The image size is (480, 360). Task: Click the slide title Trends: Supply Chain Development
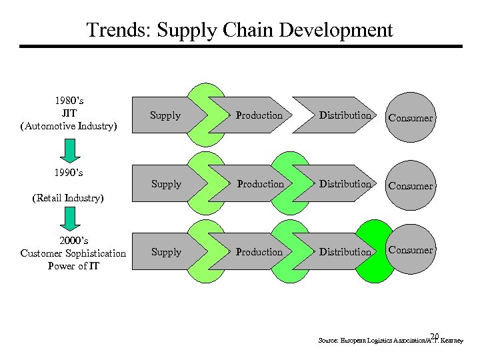[x=240, y=30]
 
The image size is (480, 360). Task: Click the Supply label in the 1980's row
[x=165, y=115]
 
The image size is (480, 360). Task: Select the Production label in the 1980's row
[x=259, y=115]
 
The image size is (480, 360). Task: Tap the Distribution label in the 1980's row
[x=345, y=115]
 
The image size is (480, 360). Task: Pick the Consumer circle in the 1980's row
[x=411, y=118]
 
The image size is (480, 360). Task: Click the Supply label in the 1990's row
[x=166, y=184]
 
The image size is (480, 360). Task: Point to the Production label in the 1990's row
[x=260, y=184]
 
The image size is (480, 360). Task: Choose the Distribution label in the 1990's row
[x=345, y=184]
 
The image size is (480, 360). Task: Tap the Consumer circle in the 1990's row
[x=411, y=186]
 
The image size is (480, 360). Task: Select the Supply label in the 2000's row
[x=166, y=252]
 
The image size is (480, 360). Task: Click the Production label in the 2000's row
[x=259, y=252]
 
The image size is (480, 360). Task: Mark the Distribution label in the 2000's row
[x=345, y=252]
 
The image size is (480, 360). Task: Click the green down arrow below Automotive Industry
[x=69, y=149]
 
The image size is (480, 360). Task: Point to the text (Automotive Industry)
[x=69, y=126]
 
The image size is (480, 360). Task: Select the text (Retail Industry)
[x=69, y=198]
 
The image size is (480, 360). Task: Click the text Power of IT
[x=73, y=266]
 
